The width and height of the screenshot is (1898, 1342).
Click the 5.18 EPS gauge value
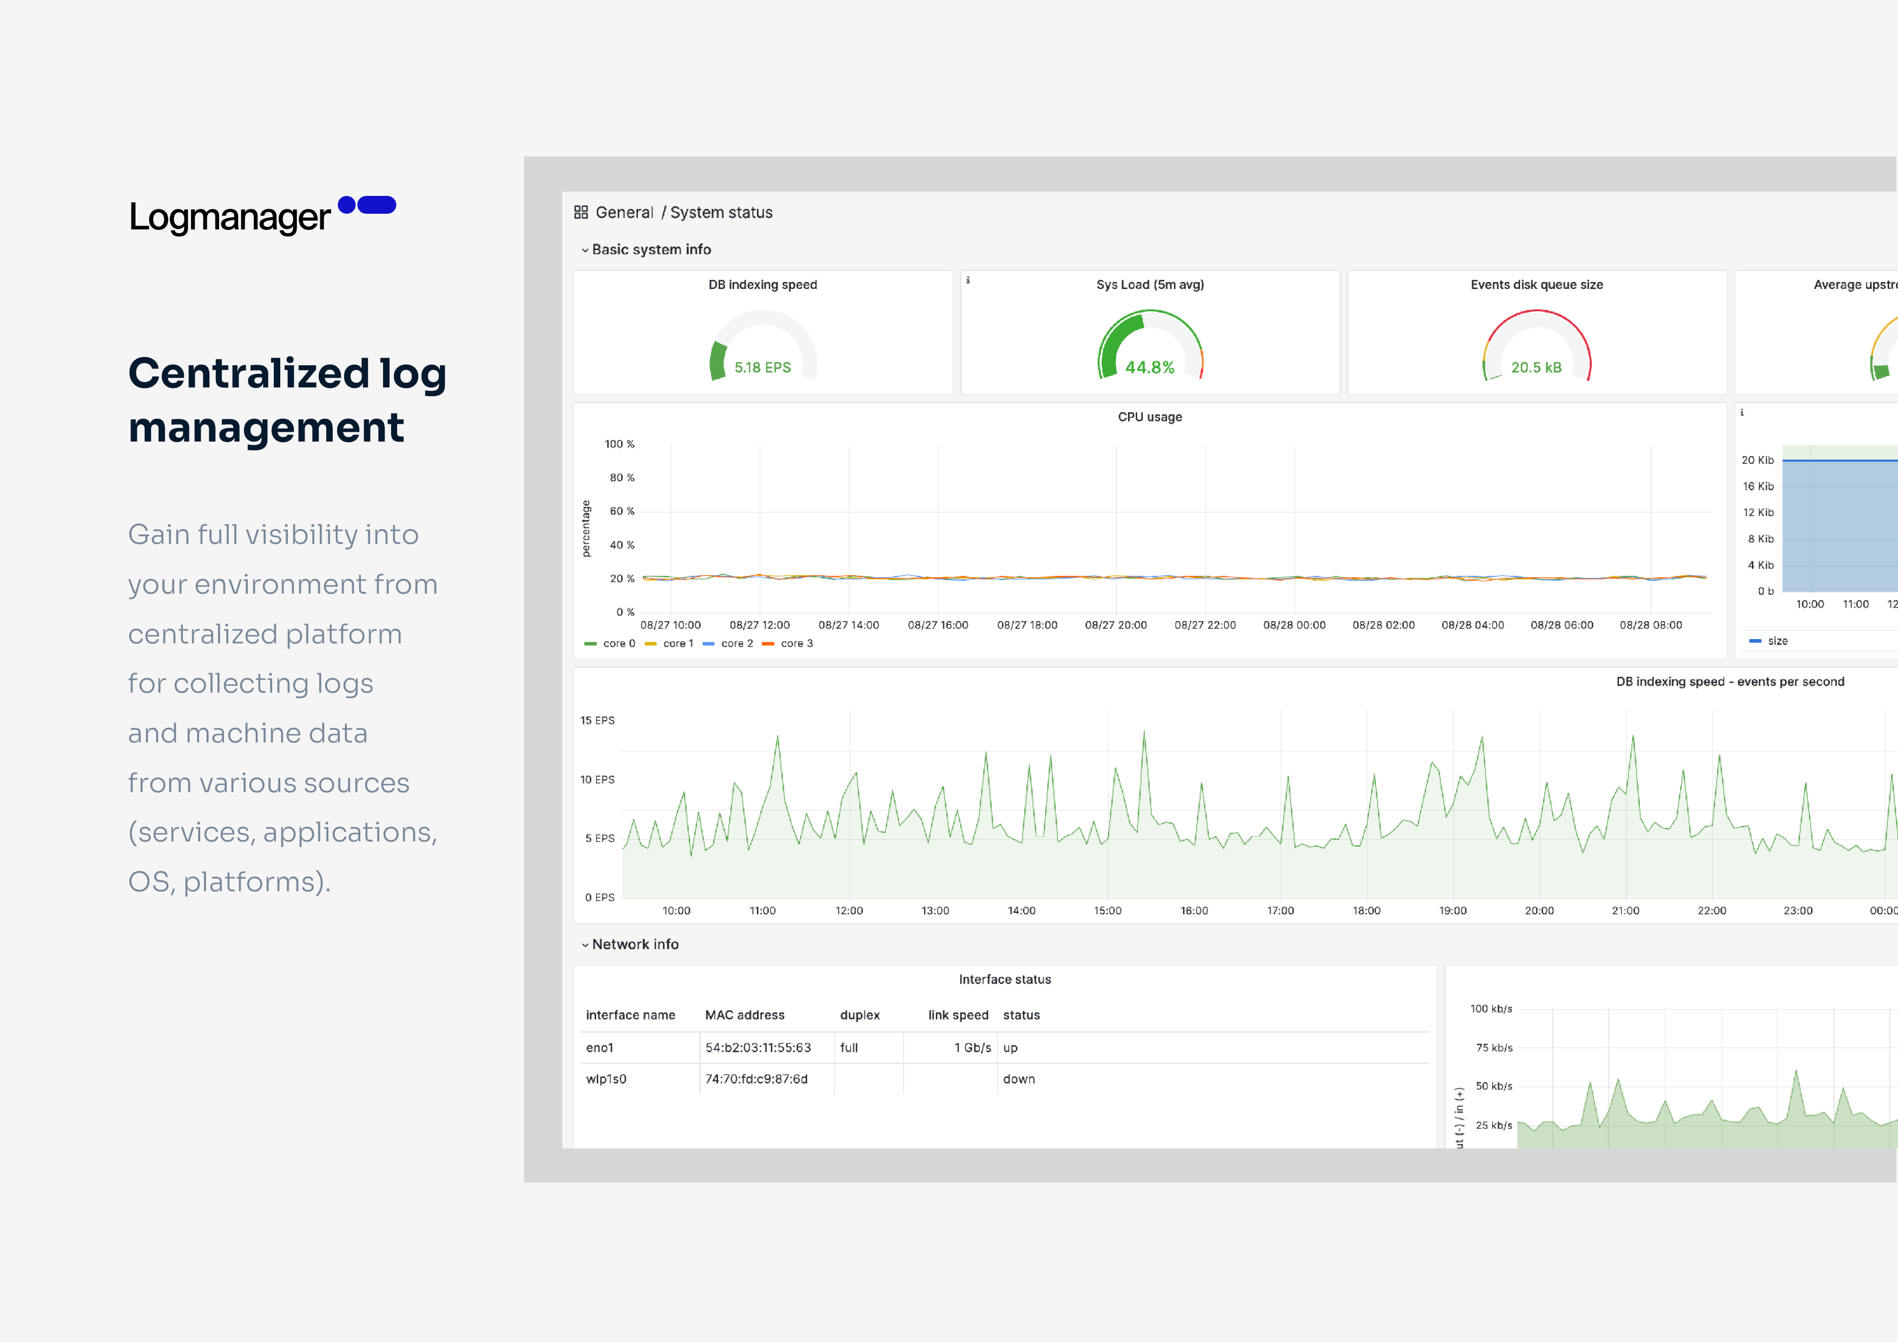pyautogui.click(x=762, y=367)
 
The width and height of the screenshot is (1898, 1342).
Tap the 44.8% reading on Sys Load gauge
pyautogui.click(x=1149, y=367)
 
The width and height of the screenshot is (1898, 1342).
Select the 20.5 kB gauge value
pyautogui.click(x=1536, y=367)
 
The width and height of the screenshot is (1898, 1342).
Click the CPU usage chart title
pyautogui.click(x=1149, y=417)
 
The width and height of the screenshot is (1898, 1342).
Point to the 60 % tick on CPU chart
pyautogui.click(x=622, y=511)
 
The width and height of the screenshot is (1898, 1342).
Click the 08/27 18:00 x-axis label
pyautogui.click(x=1027, y=625)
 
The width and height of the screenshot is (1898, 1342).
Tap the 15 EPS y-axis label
pyautogui.click(x=597, y=720)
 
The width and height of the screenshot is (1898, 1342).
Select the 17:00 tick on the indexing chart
pyautogui.click(x=1280, y=910)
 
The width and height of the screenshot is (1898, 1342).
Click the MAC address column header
pyautogui.click(x=744, y=1015)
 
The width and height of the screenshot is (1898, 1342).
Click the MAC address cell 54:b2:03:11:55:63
pyautogui.click(x=757, y=1048)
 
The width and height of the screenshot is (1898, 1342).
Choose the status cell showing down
pyautogui.click(x=1018, y=1079)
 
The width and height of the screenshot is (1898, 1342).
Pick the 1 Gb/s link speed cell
pyautogui.click(x=972, y=1048)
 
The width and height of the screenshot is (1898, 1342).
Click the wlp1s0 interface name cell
pyautogui.click(x=606, y=1079)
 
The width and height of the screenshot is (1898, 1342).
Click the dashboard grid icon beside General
pyautogui.click(x=581, y=213)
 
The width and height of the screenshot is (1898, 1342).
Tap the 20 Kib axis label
pyautogui.click(x=1757, y=460)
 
